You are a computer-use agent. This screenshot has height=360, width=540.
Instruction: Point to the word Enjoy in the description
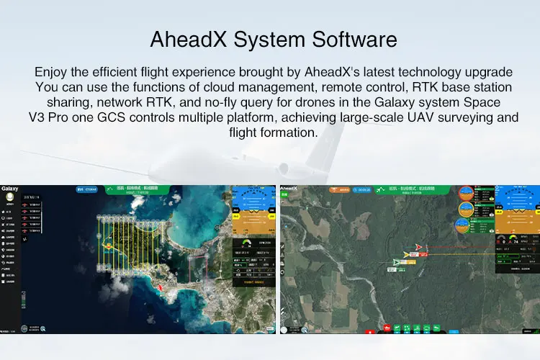[52, 72]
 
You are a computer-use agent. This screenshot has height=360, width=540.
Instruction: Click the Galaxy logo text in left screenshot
[10, 189]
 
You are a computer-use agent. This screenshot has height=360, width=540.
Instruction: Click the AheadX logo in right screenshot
[289, 189]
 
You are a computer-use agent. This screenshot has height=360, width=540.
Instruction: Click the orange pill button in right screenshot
[341, 190]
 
